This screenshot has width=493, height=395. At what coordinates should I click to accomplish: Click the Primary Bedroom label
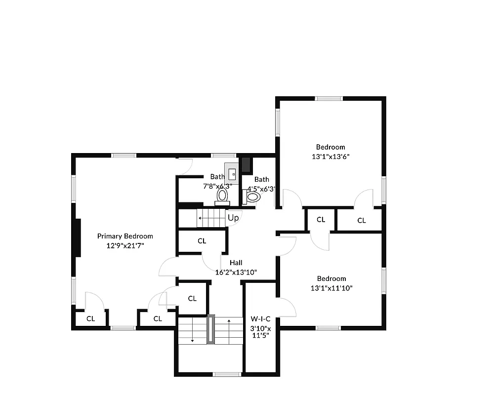tap(125, 236)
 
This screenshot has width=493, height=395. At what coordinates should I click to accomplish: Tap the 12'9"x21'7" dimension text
tap(125, 245)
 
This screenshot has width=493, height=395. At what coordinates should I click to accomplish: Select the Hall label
tap(236, 263)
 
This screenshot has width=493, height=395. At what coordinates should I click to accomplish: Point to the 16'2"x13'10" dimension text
tap(236, 272)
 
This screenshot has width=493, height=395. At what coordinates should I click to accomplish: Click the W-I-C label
tap(260, 318)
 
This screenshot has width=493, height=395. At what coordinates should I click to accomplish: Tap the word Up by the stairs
tap(233, 217)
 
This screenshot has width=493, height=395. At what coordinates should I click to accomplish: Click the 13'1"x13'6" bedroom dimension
tap(330, 156)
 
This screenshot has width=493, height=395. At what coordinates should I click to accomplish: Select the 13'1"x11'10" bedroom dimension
tap(331, 288)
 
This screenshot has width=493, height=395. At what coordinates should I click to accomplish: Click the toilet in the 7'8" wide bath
tap(222, 197)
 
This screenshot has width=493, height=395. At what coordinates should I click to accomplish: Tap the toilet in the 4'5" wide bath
tap(252, 197)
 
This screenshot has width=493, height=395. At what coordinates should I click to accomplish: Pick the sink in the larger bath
tap(232, 173)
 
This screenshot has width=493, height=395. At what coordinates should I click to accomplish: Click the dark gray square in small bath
tap(246, 164)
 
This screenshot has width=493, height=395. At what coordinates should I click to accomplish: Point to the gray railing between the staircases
tap(211, 329)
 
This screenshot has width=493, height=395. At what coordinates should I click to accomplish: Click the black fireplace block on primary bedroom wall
tap(77, 237)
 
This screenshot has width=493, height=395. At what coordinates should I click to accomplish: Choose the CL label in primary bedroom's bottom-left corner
tap(90, 318)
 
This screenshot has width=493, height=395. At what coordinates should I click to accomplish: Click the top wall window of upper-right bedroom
tap(329, 98)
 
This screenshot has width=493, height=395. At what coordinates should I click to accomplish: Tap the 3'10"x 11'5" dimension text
tap(260, 332)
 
